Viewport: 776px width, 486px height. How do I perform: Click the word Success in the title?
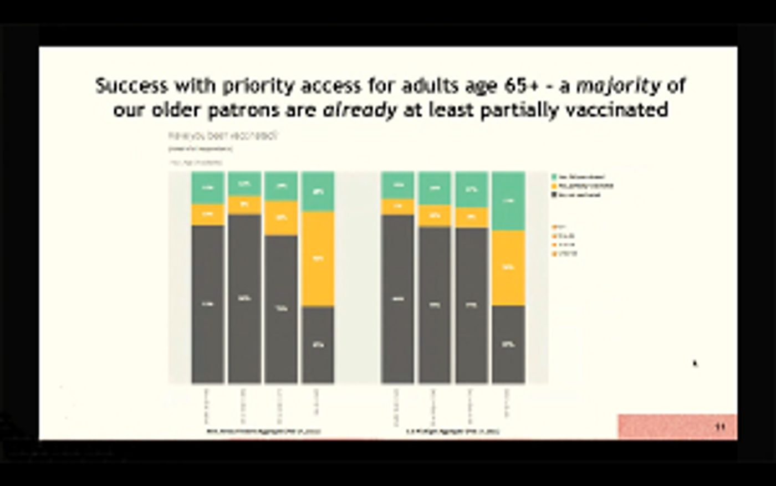pos(131,86)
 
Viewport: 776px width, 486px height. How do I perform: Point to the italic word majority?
pos(618,86)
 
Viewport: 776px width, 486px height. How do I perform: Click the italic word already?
pos(360,110)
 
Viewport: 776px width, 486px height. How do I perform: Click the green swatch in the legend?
pos(554,177)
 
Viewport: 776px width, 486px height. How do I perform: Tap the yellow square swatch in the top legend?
pos(554,186)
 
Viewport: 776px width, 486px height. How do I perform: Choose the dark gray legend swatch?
pos(554,195)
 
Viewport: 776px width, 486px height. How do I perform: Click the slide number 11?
pos(720,427)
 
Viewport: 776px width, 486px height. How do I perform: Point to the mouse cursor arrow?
pos(695,364)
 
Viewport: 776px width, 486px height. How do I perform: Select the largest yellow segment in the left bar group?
pos(318,259)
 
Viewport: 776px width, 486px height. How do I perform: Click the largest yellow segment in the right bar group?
pos(508,268)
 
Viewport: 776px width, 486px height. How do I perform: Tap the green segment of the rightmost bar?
pos(508,201)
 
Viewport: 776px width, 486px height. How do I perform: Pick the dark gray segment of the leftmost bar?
pos(208,304)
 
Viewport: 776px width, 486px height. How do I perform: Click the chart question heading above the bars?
pos(223,135)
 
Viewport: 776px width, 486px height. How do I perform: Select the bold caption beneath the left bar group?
pos(263,431)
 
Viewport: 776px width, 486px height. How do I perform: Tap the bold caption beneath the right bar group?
pos(453,431)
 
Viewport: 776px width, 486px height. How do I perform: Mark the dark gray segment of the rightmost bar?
pos(508,344)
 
